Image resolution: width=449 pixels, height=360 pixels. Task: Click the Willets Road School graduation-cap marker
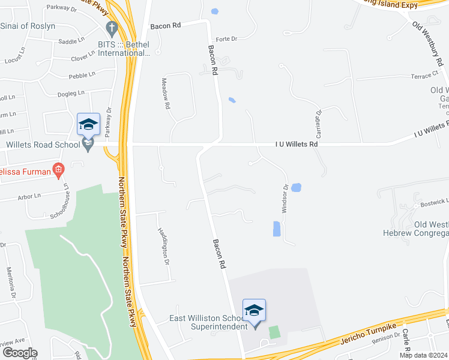click(x=88, y=125)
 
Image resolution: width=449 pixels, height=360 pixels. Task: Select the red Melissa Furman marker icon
click(x=58, y=170)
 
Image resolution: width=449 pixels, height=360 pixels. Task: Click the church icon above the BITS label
click(x=112, y=28)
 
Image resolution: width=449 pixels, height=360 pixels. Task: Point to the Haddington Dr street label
click(x=162, y=246)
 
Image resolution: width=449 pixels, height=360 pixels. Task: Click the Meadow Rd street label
click(x=166, y=93)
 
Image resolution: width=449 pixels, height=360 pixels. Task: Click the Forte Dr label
click(x=226, y=39)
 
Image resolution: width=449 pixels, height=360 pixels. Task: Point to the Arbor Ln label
click(x=29, y=196)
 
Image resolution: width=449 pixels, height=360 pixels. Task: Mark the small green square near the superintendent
click(x=274, y=331)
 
